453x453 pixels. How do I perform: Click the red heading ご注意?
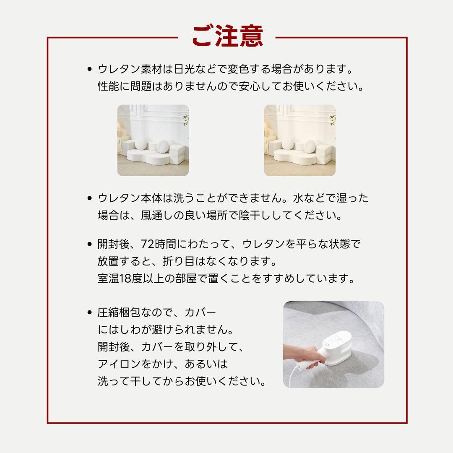coord(227,36)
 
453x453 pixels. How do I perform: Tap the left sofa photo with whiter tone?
coord(153,140)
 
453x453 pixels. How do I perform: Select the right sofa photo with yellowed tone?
coord(299,140)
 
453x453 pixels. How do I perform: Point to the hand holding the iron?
coord(303,356)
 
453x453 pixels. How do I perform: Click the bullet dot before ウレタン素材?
coord(89,69)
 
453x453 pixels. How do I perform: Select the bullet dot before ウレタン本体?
coord(89,198)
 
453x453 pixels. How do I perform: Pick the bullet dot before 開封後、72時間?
coord(89,244)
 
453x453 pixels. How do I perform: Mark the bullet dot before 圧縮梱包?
coord(89,312)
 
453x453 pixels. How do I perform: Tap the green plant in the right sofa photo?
coord(332,120)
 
